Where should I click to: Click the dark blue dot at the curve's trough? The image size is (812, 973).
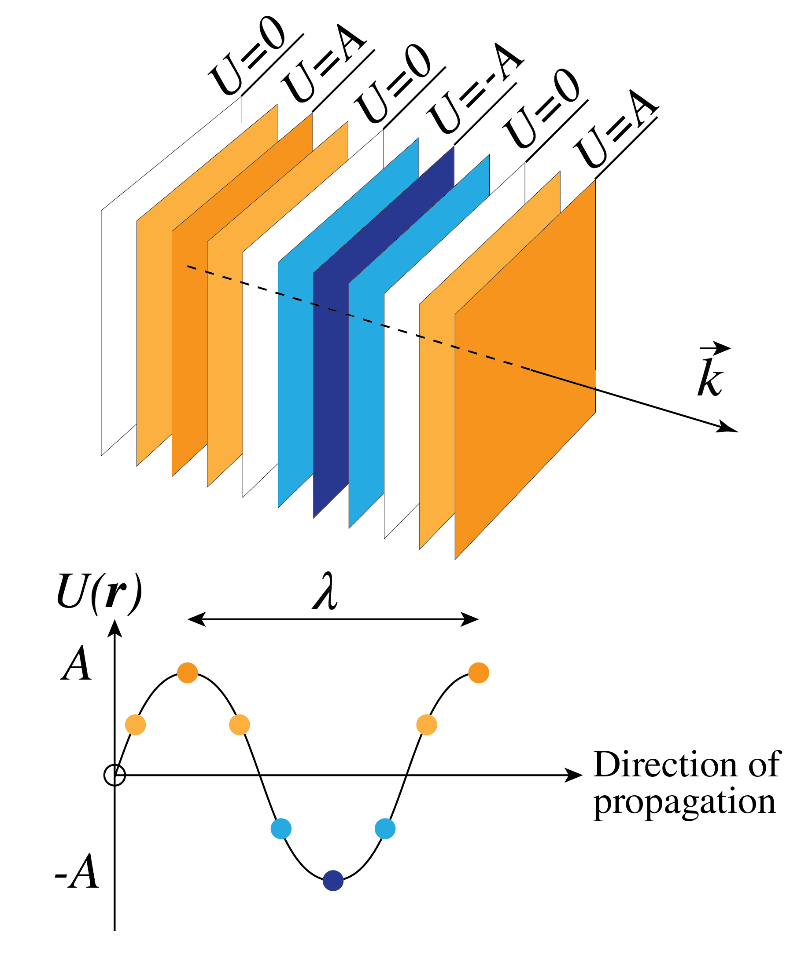point(333,880)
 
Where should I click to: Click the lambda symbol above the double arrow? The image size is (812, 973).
point(325,591)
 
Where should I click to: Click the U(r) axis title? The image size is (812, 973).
point(99,593)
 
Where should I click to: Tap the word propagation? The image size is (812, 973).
point(684,802)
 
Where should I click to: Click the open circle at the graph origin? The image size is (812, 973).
point(114,775)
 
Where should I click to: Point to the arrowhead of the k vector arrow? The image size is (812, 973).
point(728,428)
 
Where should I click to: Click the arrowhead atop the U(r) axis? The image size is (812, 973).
point(114,629)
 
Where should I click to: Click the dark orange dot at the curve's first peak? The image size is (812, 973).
point(188,673)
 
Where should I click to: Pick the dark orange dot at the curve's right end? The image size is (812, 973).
point(479,673)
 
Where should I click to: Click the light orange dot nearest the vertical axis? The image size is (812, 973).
point(136,724)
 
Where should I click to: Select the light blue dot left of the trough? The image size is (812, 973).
point(281,828)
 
